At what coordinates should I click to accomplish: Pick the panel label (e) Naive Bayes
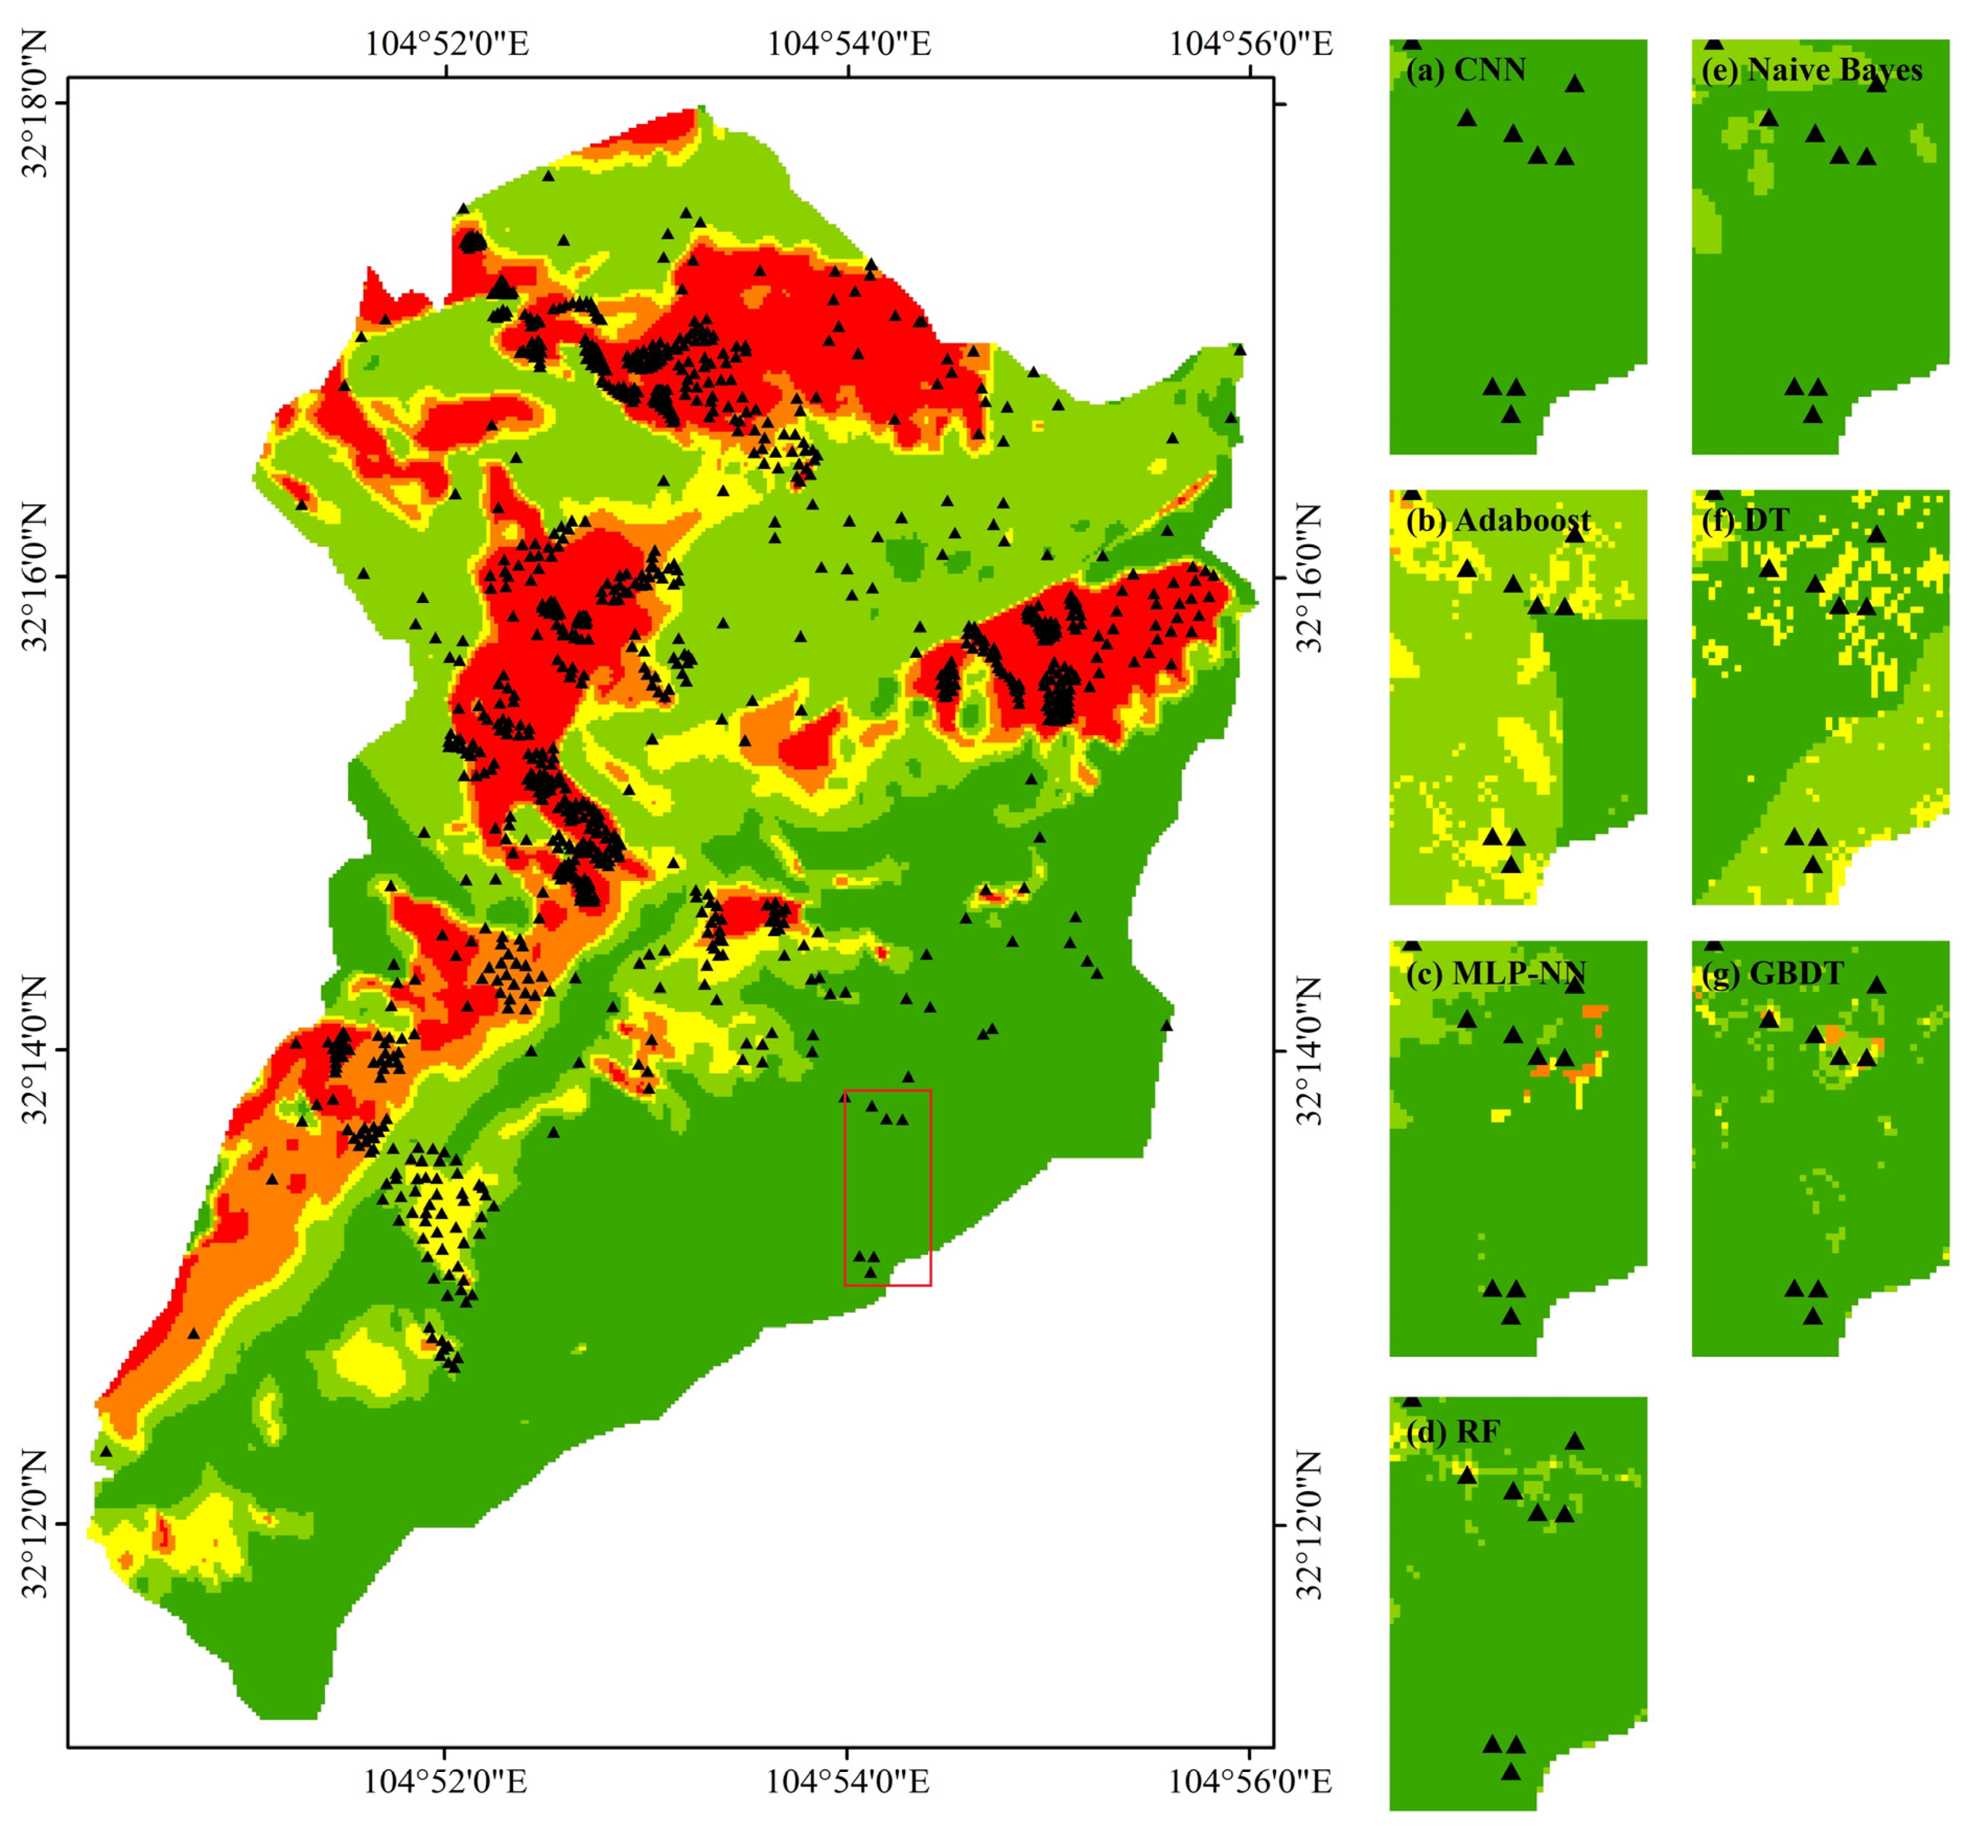click(x=1811, y=70)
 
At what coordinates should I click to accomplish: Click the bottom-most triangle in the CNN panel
click(x=1510, y=414)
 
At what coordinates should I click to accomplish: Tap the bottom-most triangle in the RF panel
click(x=1510, y=1771)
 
